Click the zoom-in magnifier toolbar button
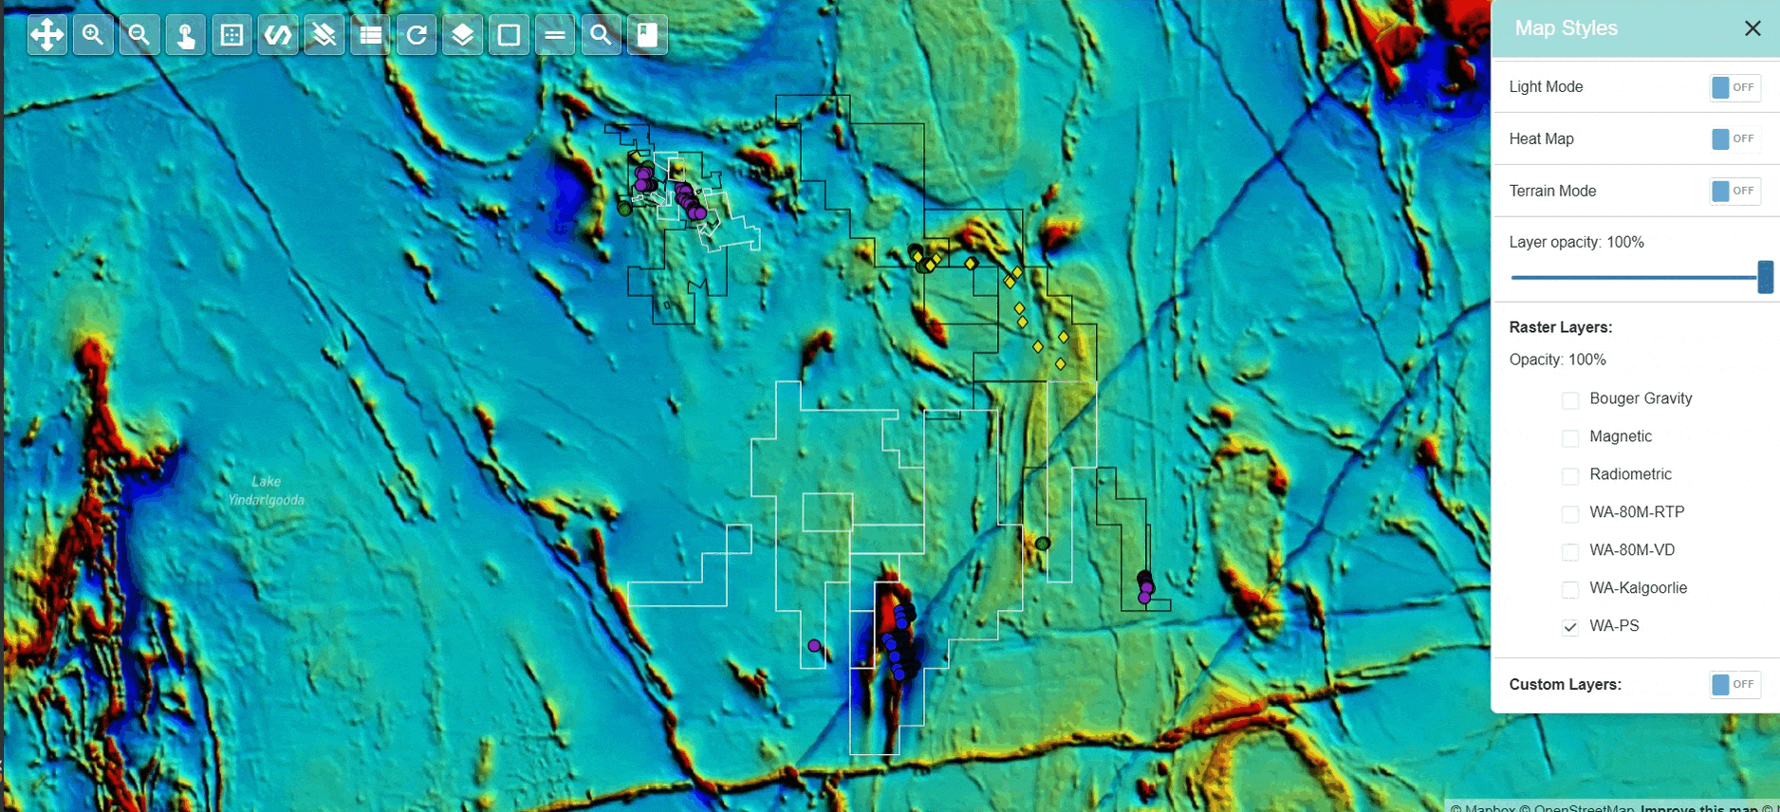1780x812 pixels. point(93,35)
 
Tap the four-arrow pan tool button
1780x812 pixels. point(46,35)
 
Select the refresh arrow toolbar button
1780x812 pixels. point(417,35)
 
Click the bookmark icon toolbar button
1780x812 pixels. point(647,35)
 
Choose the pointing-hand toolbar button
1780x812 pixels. point(186,35)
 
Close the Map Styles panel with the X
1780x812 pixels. point(1752,28)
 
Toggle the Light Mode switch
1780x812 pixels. point(1734,87)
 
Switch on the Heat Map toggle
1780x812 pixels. point(1734,139)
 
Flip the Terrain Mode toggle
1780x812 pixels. point(1734,191)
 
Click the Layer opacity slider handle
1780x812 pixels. point(1765,277)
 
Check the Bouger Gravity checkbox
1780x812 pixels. point(1570,399)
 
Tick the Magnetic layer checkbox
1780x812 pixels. point(1570,437)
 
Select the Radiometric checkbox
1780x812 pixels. point(1570,475)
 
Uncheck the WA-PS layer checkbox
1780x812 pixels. point(1570,627)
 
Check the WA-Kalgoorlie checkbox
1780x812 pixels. point(1570,589)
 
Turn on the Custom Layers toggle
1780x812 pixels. point(1734,684)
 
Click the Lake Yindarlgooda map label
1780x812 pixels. point(267,490)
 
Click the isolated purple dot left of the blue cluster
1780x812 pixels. point(814,645)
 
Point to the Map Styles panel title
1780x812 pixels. point(1566,28)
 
